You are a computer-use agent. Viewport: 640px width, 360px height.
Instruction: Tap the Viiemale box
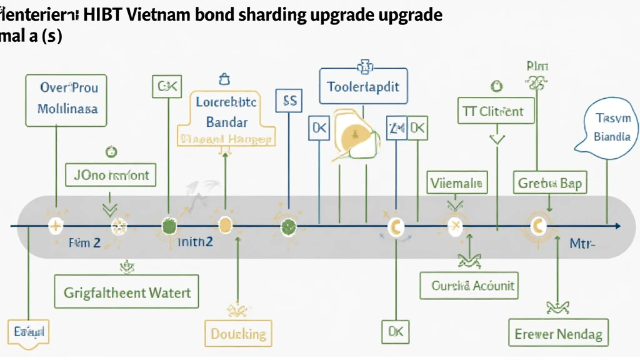(x=457, y=183)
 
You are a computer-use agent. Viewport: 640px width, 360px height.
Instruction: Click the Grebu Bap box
(x=550, y=183)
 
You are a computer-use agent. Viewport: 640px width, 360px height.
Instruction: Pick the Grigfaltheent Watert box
(x=127, y=292)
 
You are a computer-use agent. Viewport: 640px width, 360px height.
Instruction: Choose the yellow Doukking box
(x=238, y=333)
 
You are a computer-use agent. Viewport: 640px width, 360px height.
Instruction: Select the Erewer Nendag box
(x=558, y=334)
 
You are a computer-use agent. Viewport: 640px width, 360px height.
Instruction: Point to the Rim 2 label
(x=84, y=243)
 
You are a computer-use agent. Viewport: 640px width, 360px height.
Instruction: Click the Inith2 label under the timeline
(x=195, y=242)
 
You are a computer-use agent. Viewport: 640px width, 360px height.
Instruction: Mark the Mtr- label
(x=582, y=244)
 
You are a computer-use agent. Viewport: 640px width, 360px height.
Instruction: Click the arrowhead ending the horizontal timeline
(x=617, y=226)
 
